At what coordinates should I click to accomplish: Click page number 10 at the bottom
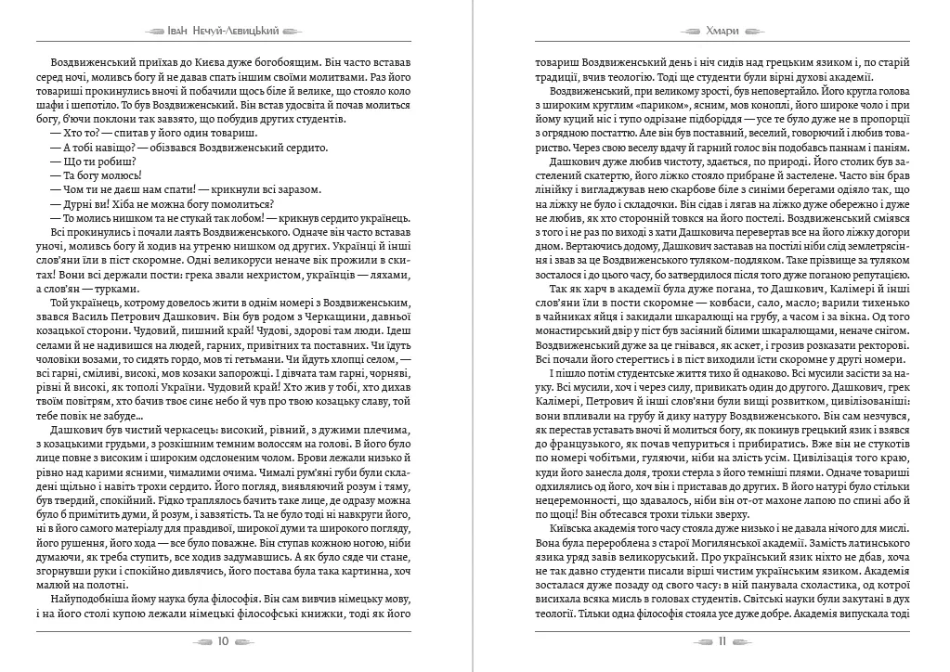click(223, 641)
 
